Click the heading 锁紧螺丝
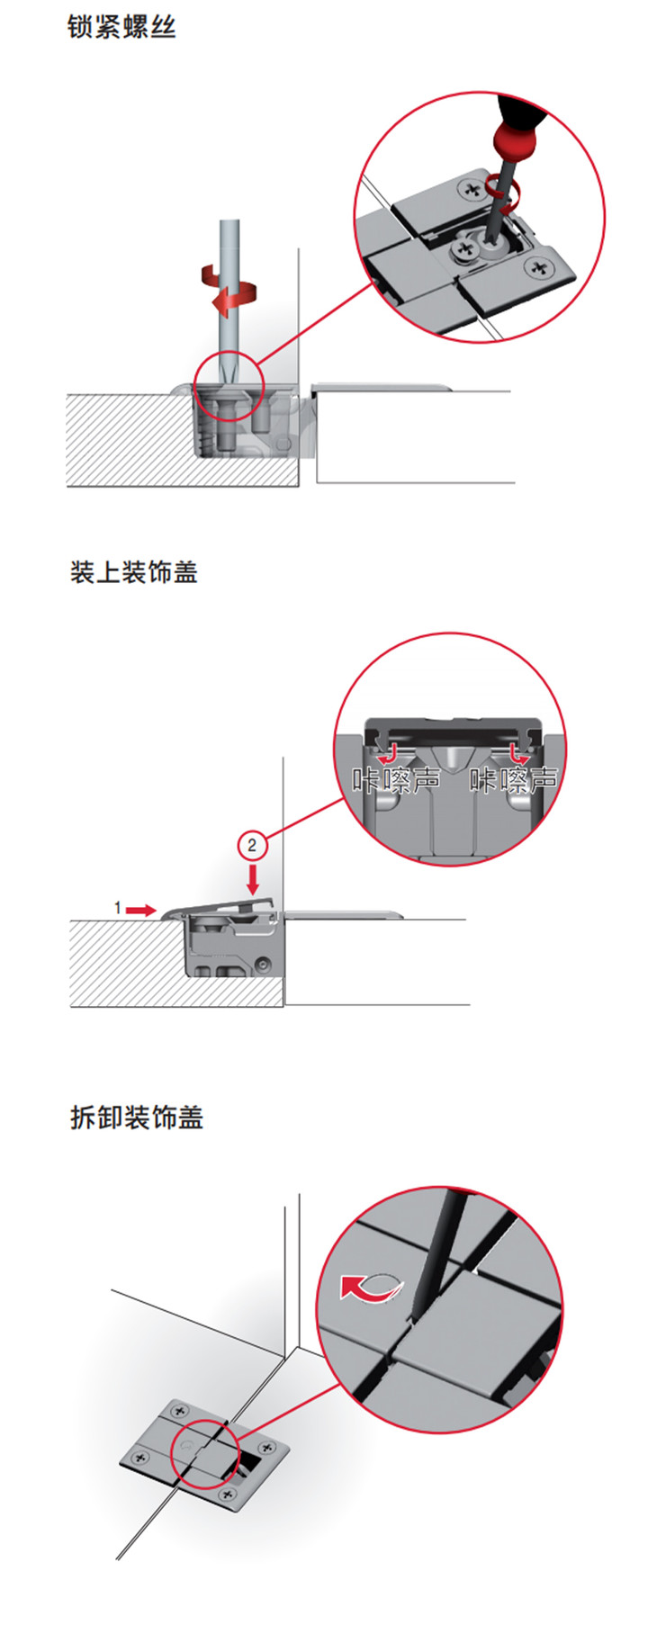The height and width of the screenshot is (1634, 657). [x=121, y=27]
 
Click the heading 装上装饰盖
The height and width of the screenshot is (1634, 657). [x=133, y=572]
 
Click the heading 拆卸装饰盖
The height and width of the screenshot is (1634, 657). [x=136, y=1118]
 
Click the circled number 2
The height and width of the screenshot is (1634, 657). [x=252, y=845]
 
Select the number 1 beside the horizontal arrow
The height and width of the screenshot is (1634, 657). [x=117, y=909]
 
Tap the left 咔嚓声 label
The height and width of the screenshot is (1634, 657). [x=396, y=779]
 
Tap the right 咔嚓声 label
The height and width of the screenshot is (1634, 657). [x=514, y=779]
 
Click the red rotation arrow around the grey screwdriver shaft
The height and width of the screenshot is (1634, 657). [x=229, y=288]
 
